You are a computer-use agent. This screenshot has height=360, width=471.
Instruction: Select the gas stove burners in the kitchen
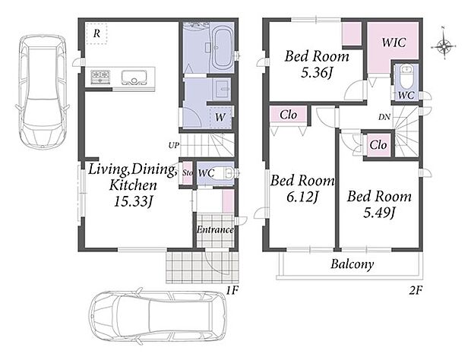click(100, 77)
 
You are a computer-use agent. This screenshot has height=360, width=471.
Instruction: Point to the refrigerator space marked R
click(96, 33)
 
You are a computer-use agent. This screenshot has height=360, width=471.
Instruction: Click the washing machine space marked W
click(220, 118)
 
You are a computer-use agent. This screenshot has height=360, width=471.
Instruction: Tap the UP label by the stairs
click(174, 146)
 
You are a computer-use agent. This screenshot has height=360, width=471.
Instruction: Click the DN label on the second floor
click(384, 117)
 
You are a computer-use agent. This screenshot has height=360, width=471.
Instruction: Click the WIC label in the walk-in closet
click(394, 43)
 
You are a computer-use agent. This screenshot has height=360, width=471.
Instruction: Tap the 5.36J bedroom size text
click(318, 72)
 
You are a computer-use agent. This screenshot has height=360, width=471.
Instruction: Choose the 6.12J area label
click(302, 197)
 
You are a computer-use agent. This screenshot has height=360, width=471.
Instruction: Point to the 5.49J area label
click(379, 213)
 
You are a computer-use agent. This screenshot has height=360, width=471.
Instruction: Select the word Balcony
click(352, 264)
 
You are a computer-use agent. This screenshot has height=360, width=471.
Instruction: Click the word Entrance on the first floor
click(215, 230)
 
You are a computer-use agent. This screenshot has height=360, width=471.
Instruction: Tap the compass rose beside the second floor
click(444, 46)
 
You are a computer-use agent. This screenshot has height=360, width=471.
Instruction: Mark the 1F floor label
click(232, 291)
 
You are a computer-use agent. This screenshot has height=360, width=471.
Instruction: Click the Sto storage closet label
click(188, 173)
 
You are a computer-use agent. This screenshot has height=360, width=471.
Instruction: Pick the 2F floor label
click(416, 291)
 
